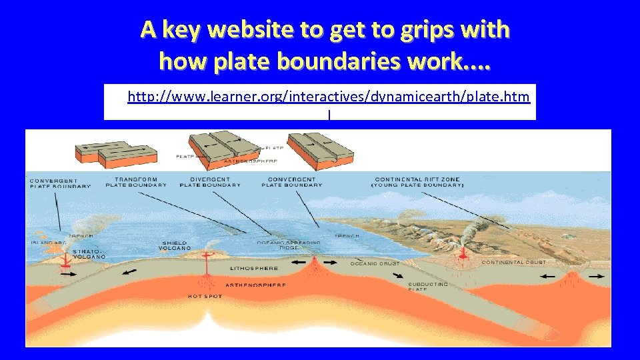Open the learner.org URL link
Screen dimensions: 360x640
pyautogui.click(x=329, y=97)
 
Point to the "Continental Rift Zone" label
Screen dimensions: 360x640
pyautogui.click(x=417, y=179)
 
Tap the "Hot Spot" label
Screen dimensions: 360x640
pyautogui.click(x=205, y=296)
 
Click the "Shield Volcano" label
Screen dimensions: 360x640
pyautogui.click(x=176, y=245)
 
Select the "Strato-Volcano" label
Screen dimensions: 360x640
pyautogui.click(x=89, y=253)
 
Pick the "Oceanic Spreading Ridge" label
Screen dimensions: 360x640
pyautogui.click(x=289, y=245)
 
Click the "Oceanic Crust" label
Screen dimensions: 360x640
pyautogui.click(x=375, y=263)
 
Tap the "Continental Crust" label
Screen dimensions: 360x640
pyautogui.click(x=513, y=262)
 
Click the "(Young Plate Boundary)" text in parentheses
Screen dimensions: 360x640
pyautogui.click(x=417, y=185)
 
